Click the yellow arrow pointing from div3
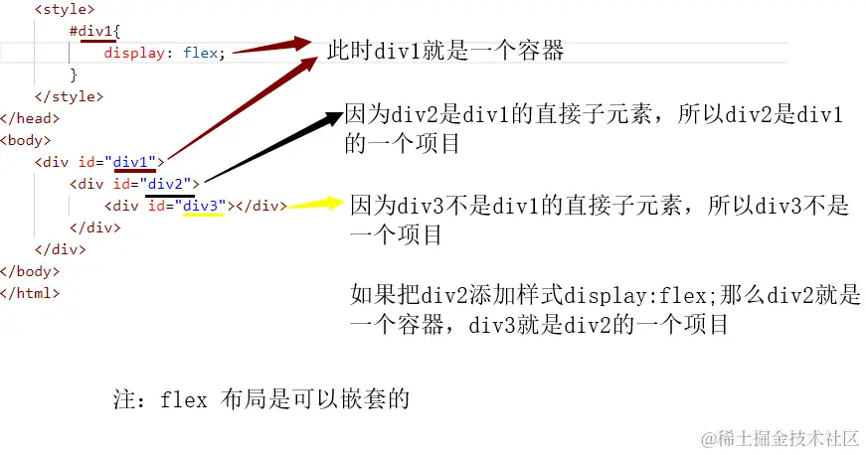click(315, 205)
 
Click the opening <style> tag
click(65, 9)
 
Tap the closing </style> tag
click(69, 96)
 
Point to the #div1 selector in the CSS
click(91, 31)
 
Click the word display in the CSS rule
click(134, 53)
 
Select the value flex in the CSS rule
click(201, 53)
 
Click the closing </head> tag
click(30, 118)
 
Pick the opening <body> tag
click(26, 141)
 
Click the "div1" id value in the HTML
click(134, 162)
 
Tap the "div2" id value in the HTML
click(169, 184)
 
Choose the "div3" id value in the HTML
click(205, 206)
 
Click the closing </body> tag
click(30, 271)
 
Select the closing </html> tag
click(30, 293)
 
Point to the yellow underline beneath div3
click(203, 215)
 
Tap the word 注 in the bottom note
click(124, 398)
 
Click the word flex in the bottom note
click(183, 399)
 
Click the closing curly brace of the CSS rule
click(74, 76)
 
